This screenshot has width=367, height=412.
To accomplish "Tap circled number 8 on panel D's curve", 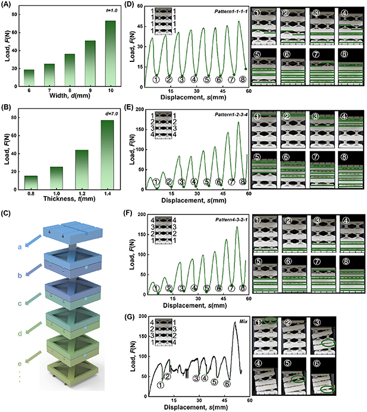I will tap(243, 79).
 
